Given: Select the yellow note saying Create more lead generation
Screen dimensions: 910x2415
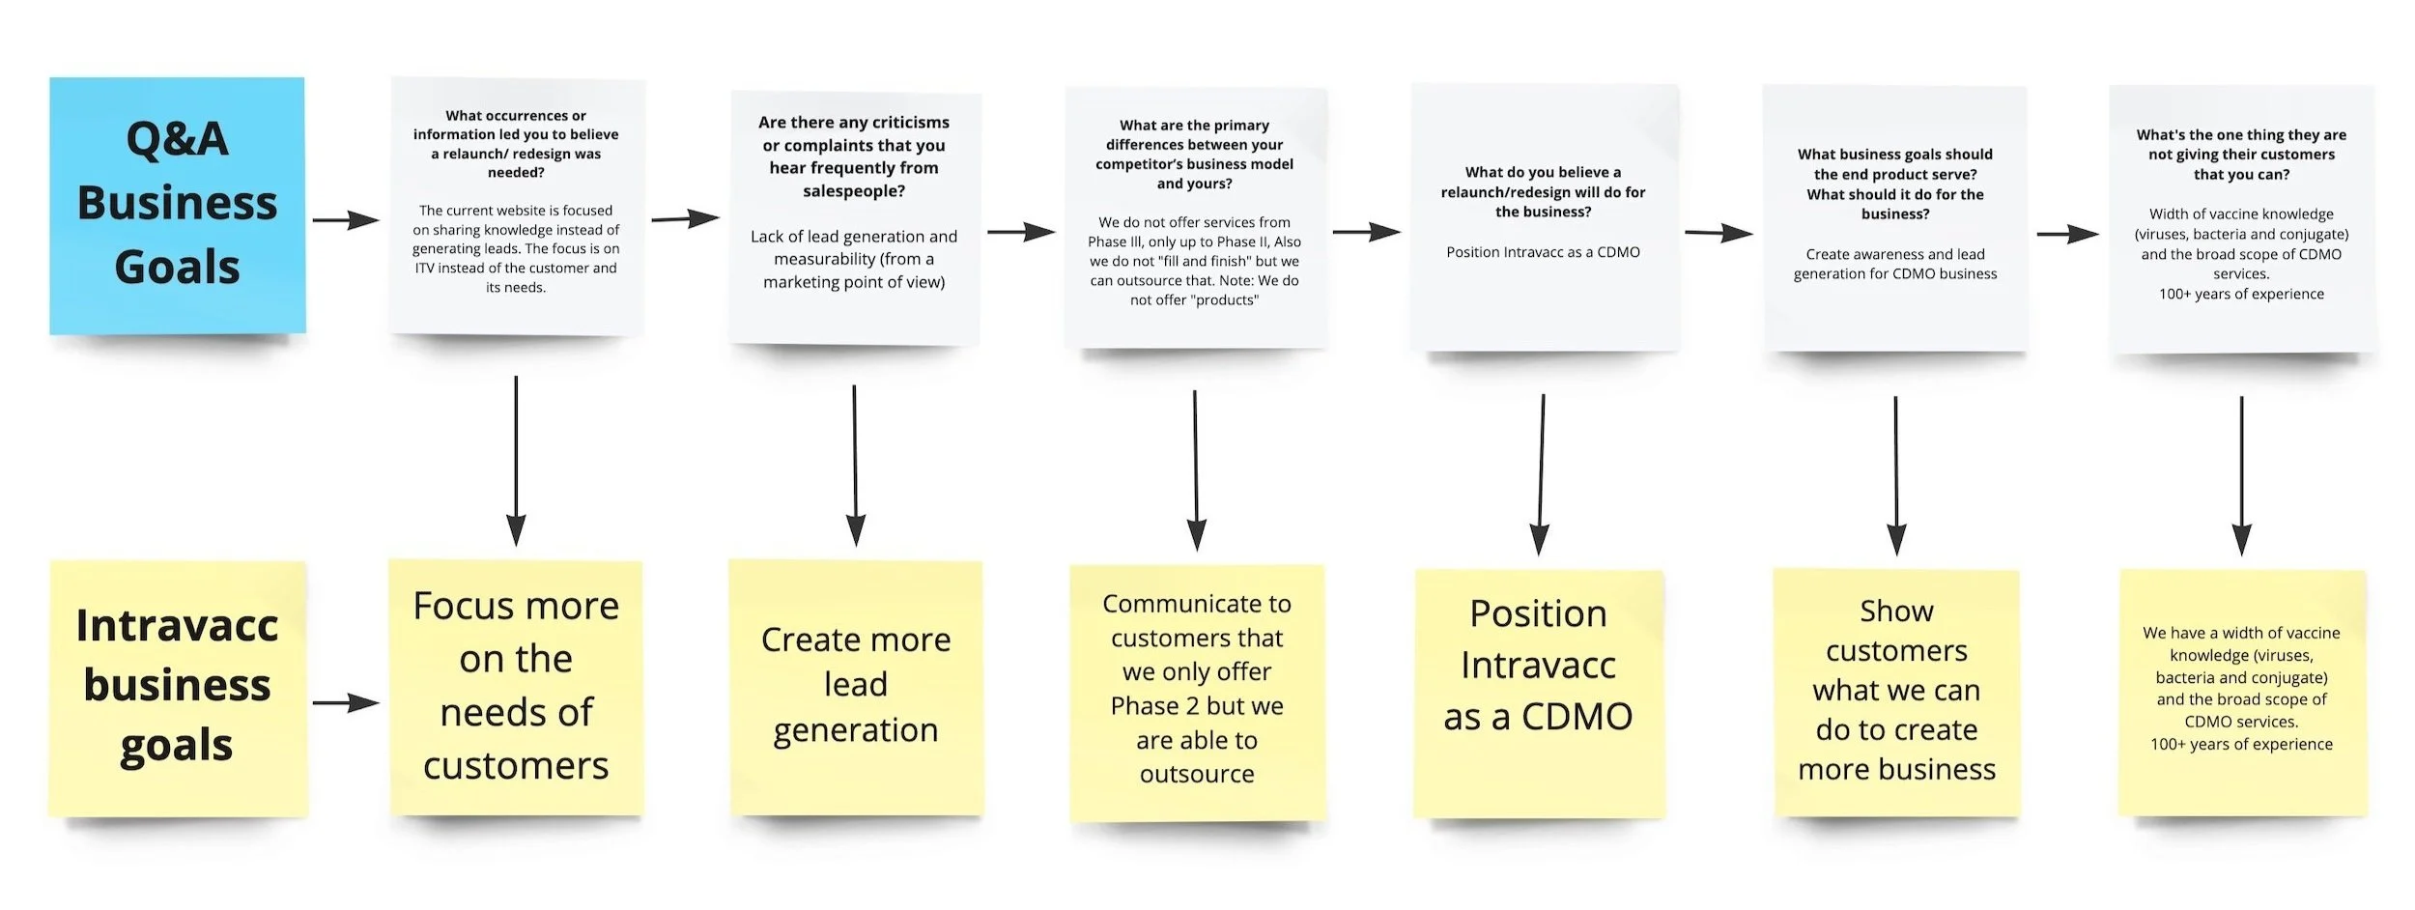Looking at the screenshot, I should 856,686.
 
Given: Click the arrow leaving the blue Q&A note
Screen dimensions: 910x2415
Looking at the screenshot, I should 346,220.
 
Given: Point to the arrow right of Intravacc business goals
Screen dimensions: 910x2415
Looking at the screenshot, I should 346,703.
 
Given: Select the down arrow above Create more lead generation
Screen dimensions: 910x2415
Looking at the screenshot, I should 855,466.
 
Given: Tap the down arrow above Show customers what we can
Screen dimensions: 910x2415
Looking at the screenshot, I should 1896,475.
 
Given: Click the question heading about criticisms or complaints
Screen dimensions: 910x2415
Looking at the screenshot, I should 854,156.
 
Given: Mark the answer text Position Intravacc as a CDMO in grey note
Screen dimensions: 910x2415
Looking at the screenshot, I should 1543,252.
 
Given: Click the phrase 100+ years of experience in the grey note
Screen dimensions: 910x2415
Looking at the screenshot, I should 2241,294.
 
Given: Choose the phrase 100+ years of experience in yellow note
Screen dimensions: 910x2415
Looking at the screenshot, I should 2241,744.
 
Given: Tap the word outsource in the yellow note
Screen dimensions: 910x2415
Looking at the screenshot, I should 1197,774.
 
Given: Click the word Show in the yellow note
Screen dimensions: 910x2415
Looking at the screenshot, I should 1896,611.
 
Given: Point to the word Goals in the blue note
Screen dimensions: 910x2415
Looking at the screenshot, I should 177,268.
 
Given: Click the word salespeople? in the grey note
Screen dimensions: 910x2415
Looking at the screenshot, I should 854,190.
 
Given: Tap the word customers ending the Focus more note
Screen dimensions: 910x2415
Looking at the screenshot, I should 516,766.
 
